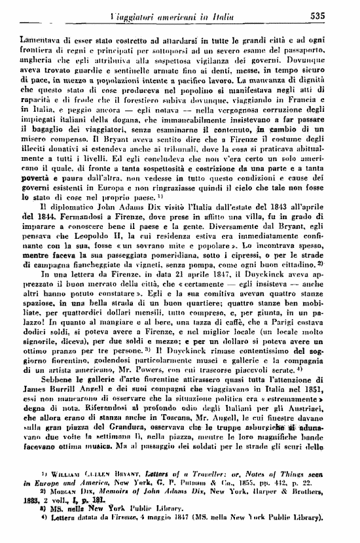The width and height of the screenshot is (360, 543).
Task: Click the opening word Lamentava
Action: point(42,39)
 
